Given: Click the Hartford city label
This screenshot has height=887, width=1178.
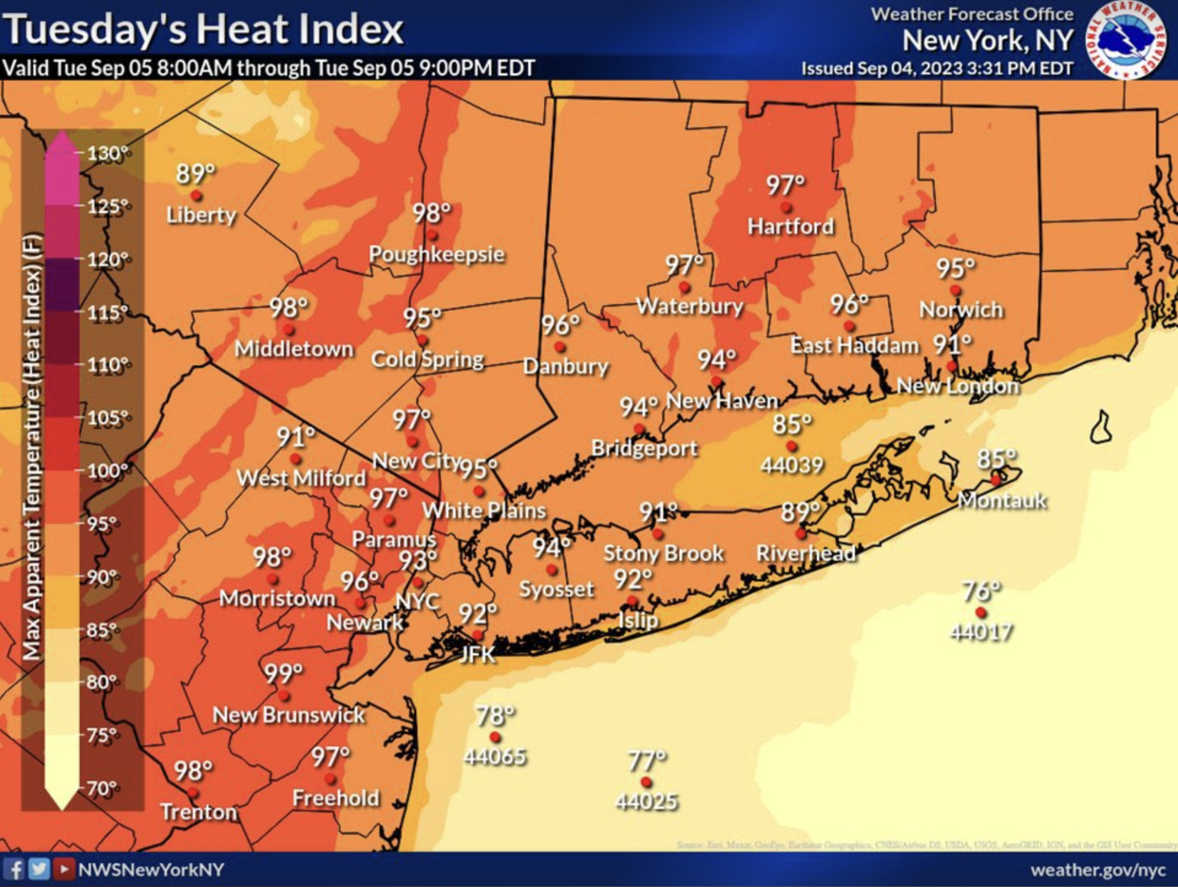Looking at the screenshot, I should point(790,227).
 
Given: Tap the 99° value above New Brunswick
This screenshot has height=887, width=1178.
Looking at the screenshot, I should point(283,673).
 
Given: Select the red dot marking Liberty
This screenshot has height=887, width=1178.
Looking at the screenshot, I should point(197,196).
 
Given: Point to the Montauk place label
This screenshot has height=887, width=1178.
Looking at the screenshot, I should point(1002,501).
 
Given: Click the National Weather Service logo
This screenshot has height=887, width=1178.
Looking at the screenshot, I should point(1126,41).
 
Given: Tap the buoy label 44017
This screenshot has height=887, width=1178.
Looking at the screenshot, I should point(981,632).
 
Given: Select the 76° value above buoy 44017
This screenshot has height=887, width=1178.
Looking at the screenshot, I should point(981,591).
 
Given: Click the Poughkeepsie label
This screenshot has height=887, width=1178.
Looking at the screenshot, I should point(437,254).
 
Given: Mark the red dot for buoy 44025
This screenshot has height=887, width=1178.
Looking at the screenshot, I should point(646,782).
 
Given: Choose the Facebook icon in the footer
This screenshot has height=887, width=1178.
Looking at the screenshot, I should point(15,869).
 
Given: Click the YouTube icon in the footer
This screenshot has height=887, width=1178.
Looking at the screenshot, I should point(63,869).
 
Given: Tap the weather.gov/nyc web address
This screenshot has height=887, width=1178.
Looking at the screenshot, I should point(1098,870).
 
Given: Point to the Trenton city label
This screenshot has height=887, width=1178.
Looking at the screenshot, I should point(198,812).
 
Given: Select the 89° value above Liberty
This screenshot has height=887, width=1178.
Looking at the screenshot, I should point(195,173).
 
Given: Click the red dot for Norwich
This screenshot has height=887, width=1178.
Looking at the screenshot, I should point(955,290).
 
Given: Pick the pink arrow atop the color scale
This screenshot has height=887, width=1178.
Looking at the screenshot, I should point(61,143).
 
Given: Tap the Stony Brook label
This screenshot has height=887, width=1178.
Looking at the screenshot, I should point(663,553).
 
